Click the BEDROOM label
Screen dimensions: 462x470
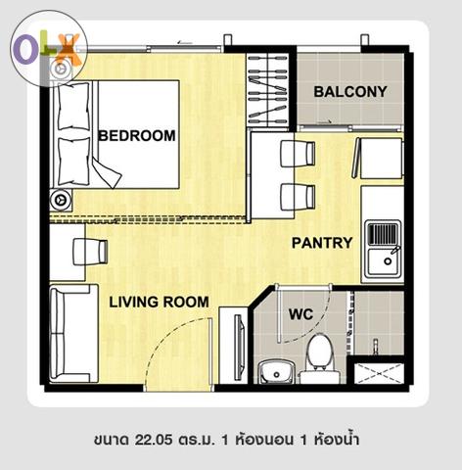[137, 136]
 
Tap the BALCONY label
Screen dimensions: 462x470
[350, 92]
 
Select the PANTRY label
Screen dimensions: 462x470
[322, 243]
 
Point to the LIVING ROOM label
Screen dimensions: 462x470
[159, 302]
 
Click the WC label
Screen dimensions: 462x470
[300, 314]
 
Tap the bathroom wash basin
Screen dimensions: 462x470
[277, 373]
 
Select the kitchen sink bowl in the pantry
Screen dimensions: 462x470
[384, 261]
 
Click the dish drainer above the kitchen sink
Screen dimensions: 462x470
[384, 233]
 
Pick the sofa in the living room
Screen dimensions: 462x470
[73, 333]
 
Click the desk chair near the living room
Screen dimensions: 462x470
[90, 252]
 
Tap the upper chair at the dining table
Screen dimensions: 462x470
[298, 153]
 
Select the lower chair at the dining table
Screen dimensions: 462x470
[298, 197]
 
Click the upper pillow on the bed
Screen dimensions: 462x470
[73, 107]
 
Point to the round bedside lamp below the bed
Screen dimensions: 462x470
[61, 200]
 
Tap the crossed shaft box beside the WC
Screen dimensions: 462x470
[379, 373]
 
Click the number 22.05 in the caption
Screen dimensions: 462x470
[154, 440]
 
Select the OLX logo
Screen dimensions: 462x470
[49, 49]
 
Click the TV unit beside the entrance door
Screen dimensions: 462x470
[234, 346]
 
